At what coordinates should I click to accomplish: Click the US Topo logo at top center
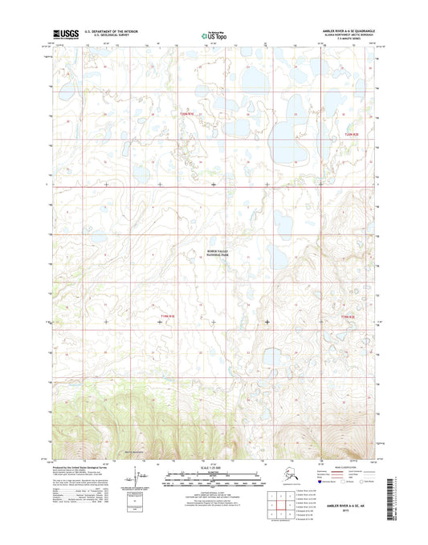coord(214,35)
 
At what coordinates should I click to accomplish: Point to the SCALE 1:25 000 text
coord(214,467)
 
